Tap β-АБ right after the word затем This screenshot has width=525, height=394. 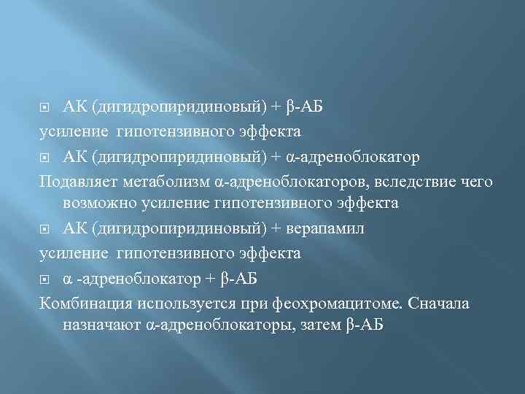(362, 325)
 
